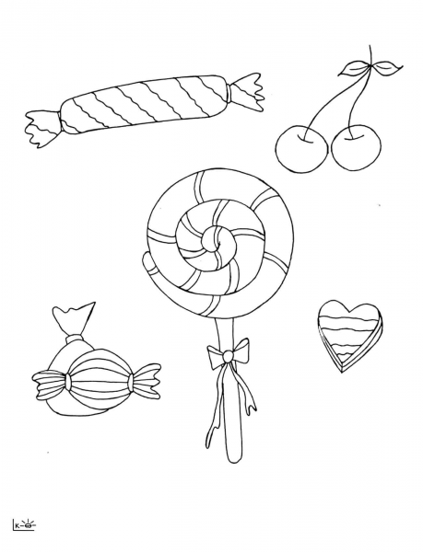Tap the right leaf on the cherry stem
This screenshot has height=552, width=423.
[x=388, y=66]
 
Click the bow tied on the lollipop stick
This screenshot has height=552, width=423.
[x=227, y=352]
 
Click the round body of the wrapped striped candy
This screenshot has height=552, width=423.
[x=97, y=378]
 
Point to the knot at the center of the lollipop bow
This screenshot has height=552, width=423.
[x=226, y=354]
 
